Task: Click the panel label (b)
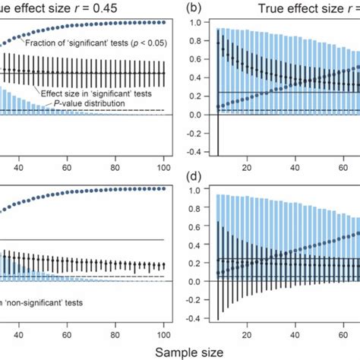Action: point(194,9)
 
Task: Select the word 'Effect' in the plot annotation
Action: point(63,91)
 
